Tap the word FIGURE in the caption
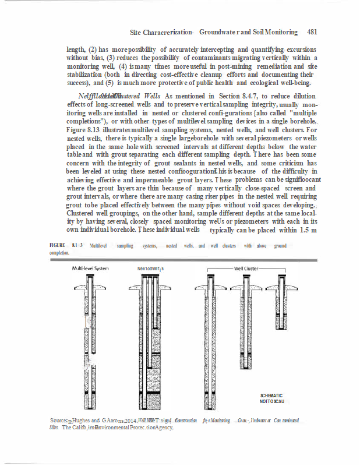[x=57, y=246]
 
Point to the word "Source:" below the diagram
[x=60, y=420]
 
